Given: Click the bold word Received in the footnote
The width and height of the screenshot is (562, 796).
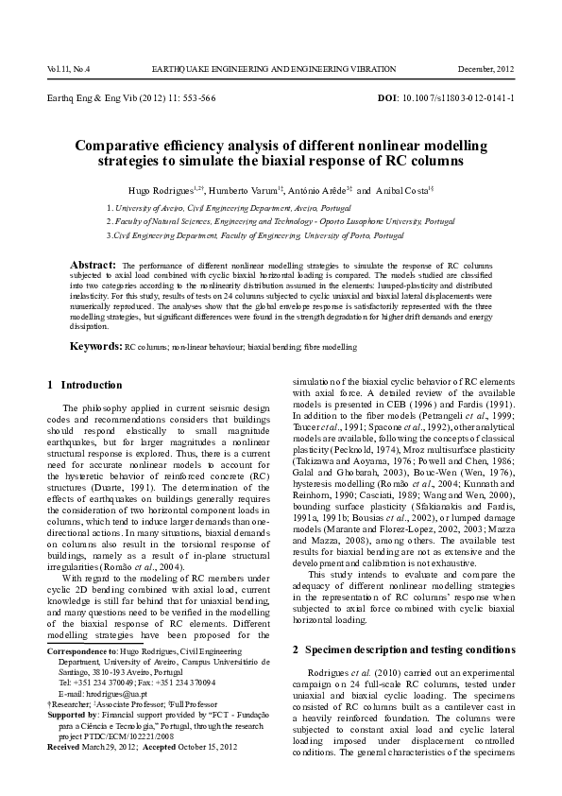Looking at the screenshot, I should pos(67,748).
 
